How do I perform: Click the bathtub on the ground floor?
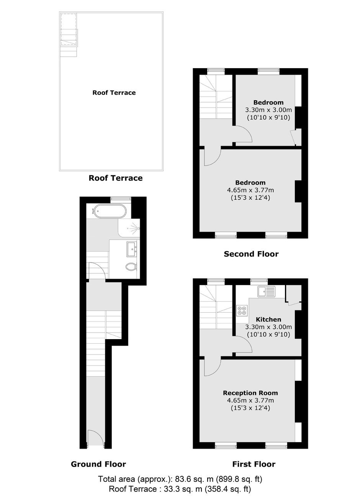(109, 211)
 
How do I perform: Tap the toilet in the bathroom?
(131, 266)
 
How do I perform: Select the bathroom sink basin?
(132, 249)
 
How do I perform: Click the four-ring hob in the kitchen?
(242, 310)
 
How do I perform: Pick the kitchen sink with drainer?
(266, 291)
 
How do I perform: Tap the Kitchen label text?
(268, 320)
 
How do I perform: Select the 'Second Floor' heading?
(251, 254)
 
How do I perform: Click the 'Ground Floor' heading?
(98, 464)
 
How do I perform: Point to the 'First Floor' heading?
(254, 464)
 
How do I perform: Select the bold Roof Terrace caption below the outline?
(116, 178)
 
